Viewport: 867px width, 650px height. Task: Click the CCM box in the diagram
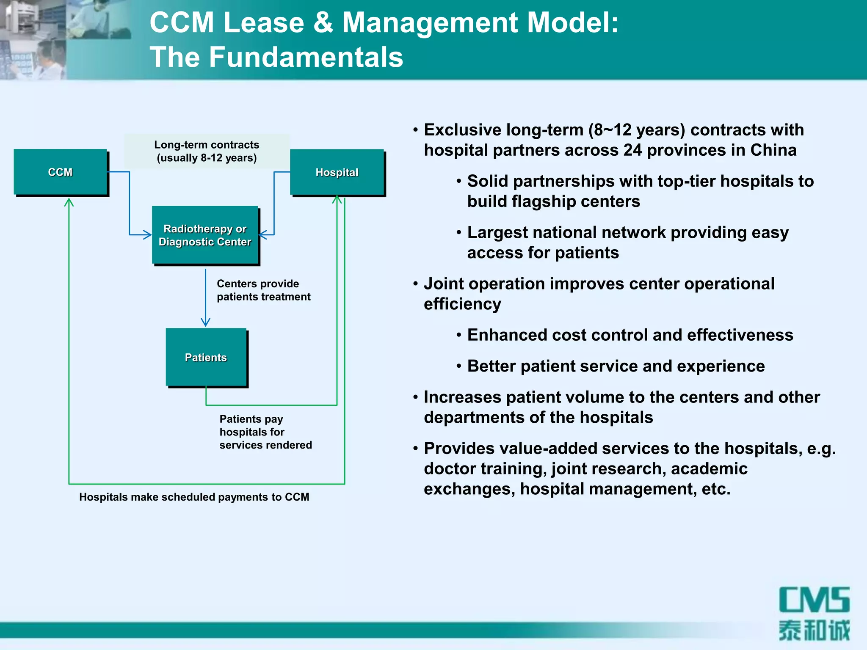click(x=61, y=172)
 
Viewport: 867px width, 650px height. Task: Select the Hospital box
click(x=337, y=172)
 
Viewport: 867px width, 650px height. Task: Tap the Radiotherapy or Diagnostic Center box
click(x=205, y=235)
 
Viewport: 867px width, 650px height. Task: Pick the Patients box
click(x=206, y=357)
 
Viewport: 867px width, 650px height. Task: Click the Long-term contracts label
click(x=207, y=151)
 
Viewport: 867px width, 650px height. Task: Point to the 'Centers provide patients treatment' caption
click(x=263, y=290)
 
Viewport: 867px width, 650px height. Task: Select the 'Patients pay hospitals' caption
click(x=265, y=432)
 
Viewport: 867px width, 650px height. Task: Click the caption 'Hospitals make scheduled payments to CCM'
click(x=194, y=497)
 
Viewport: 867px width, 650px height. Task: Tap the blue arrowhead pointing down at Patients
click(x=206, y=322)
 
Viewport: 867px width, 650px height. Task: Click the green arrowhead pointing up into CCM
click(x=69, y=203)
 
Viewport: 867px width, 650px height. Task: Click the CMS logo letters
click(x=814, y=600)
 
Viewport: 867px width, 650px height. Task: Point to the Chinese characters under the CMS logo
click(x=814, y=630)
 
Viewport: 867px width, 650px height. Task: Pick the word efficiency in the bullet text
click(x=462, y=304)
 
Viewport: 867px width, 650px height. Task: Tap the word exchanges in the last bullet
click(x=469, y=489)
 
